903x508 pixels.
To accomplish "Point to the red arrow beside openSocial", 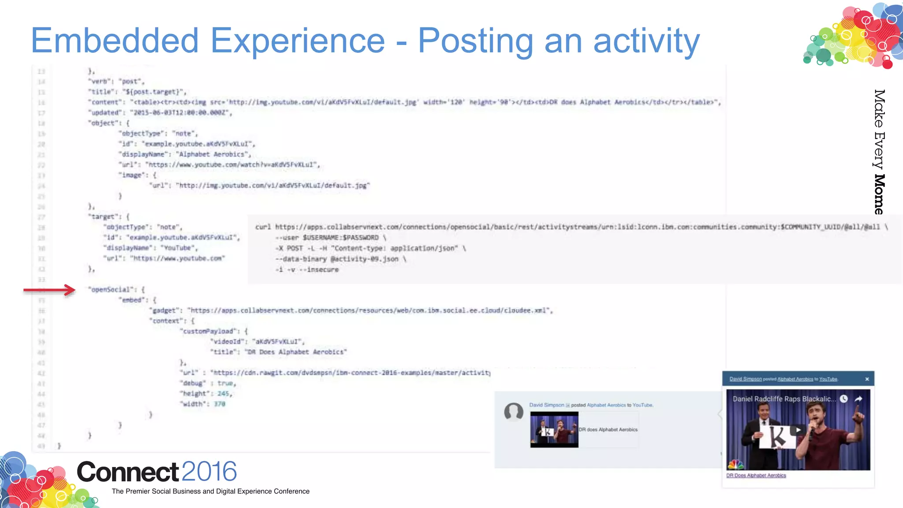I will (x=49, y=290).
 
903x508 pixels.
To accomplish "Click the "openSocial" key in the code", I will (x=111, y=290).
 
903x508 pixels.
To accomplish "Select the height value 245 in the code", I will (x=224, y=393).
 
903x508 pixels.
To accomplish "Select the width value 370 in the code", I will (x=220, y=404).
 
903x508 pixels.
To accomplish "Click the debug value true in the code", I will (x=226, y=383).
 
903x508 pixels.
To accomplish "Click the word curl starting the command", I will (x=263, y=227).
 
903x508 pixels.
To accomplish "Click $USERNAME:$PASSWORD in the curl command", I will (x=340, y=238).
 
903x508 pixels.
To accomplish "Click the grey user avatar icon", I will (x=514, y=412).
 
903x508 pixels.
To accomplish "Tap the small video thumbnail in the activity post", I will (x=554, y=430).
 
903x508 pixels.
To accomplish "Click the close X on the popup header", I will (x=867, y=379).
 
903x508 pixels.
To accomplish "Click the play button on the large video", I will (x=798, y=430).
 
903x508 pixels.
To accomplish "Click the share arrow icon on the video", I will (x=858, y=399).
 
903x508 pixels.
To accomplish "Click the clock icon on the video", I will (x=843, y=399).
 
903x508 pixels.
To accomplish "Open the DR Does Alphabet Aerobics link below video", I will (x=756, y=475).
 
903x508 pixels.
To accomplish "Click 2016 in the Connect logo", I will (x=209, y=471).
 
